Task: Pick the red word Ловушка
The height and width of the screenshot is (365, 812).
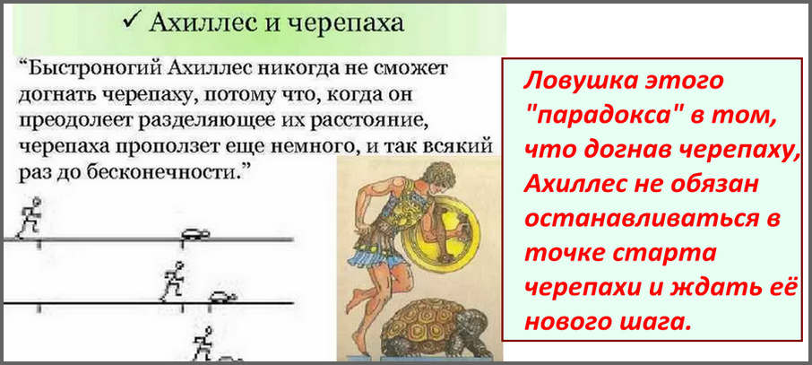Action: (577, 82)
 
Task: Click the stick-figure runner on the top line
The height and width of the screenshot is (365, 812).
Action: (29, 217)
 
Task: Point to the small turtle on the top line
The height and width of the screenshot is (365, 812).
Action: (195, 234)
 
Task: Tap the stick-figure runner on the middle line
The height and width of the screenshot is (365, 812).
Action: (172, 282)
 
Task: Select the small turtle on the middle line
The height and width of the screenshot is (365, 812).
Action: (222, 297)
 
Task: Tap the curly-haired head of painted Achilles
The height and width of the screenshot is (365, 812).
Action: (438, 174)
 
